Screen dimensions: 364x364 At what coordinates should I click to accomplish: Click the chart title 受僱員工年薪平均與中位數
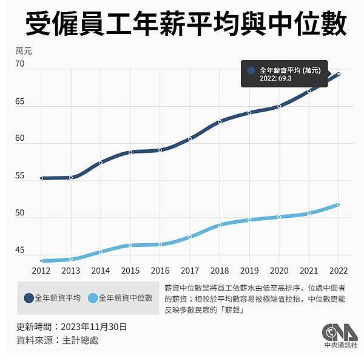click(182, 25)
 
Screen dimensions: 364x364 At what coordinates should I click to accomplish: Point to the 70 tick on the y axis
click(20, 64)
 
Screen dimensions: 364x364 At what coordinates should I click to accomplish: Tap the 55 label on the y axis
click(20, 176)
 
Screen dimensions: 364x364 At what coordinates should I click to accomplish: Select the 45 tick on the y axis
click(20, 251)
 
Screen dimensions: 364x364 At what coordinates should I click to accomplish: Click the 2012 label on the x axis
click(41, 271)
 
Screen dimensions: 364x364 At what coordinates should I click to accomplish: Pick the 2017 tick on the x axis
click(190, 271)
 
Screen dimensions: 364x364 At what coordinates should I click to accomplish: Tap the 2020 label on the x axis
click(279, 271)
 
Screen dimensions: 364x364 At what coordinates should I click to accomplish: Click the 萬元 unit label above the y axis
click(24, 52)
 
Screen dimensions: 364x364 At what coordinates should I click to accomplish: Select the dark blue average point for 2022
click(339, 74)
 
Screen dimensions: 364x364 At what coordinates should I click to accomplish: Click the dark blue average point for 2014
click(101, 162)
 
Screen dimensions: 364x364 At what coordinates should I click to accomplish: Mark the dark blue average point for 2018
click(220, 121)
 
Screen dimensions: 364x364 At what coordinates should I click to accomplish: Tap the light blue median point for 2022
click(339, 205)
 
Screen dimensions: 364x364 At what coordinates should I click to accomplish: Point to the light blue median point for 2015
click(130, 245)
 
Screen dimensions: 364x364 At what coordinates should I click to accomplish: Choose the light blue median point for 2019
click(249, 220)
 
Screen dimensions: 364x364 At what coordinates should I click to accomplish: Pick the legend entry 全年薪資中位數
click(125, 298)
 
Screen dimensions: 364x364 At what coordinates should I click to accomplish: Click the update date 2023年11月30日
click(94, 327)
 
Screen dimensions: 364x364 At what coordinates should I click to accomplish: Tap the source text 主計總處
click(81, 340)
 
